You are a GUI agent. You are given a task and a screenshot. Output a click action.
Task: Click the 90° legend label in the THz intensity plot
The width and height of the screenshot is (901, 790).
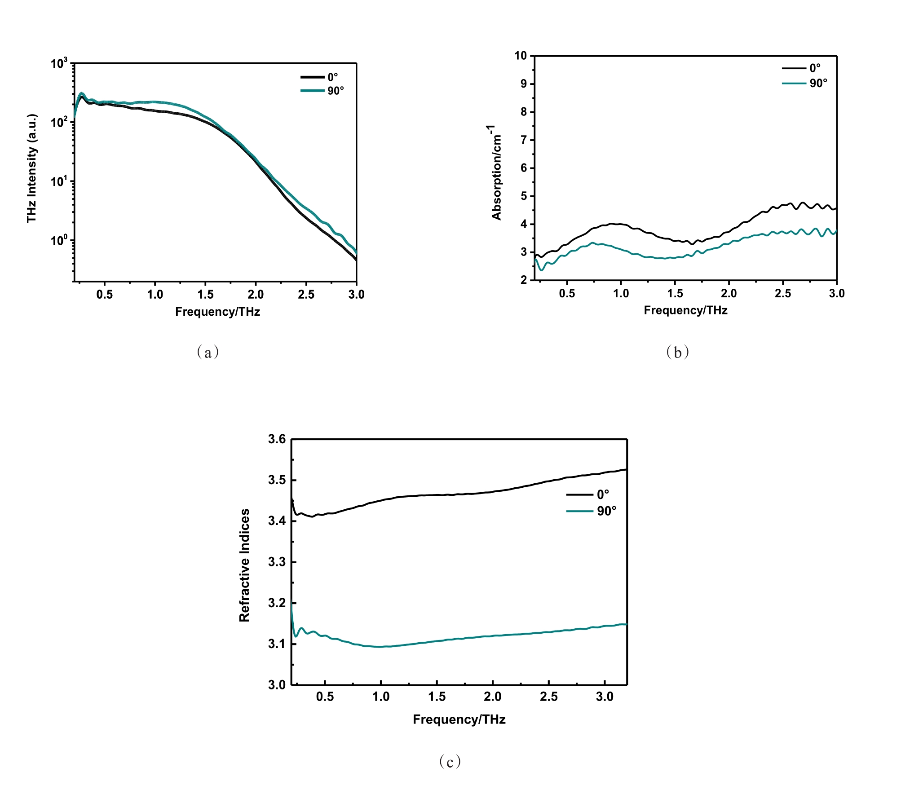[336, 91]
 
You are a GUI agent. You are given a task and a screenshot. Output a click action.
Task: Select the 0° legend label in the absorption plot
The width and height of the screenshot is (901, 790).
[815, 68]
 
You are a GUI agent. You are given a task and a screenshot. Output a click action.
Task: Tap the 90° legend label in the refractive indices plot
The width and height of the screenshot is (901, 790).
[607, 511]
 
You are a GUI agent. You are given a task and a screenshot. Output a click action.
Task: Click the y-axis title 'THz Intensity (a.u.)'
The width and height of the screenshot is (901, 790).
[31, 168]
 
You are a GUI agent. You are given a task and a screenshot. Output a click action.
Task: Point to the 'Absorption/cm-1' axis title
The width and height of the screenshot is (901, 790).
[495, 173]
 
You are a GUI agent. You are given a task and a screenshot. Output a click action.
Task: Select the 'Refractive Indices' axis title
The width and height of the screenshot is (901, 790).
[244, 565]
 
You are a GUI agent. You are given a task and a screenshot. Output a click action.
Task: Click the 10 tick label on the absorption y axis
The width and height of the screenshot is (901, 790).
[521, 56]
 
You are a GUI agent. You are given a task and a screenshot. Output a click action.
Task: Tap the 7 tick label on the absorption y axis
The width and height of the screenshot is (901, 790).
[524, 140]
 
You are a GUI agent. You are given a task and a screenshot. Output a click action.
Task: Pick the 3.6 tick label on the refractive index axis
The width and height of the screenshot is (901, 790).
[277, 439]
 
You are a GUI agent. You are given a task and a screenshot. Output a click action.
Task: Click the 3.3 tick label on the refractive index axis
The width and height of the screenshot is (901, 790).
[277, 562]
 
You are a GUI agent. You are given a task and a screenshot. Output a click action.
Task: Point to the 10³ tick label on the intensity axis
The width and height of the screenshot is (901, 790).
[59, 63]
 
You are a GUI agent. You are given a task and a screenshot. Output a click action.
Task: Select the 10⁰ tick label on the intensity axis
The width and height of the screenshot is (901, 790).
[59, 240]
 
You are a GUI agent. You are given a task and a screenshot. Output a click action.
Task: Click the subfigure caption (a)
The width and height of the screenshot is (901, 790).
[208, 352]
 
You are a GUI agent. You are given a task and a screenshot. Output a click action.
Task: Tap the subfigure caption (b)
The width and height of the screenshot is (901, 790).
[677, 352]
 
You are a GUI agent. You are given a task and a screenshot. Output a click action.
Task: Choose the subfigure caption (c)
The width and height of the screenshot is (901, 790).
[450, 761]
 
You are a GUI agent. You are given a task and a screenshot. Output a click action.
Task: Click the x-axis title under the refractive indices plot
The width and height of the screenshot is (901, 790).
[459, 719]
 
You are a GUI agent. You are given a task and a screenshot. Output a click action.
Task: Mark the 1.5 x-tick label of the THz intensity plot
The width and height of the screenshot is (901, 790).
[205, 295]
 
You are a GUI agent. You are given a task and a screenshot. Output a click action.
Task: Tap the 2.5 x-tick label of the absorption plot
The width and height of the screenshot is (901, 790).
[783, 294]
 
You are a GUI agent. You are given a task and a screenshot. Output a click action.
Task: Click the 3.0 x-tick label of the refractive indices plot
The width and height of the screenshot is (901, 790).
[605, 697]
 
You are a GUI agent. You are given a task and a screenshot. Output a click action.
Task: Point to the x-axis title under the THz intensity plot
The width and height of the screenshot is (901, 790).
[217, 312]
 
